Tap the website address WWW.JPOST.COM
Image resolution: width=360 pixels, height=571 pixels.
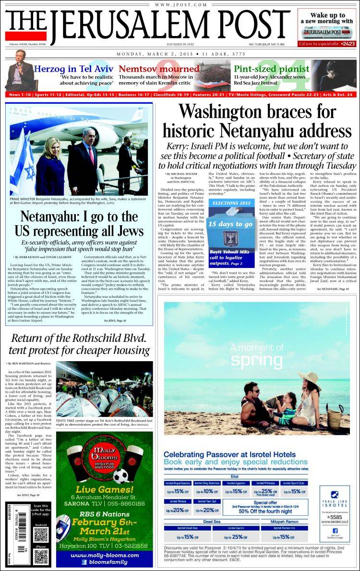click(x=180, y=4)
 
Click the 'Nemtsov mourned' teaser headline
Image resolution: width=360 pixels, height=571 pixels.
click(x=153, y=69)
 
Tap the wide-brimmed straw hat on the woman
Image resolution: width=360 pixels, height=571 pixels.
click(x=308, y=379)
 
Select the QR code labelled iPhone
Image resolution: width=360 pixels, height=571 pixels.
click(x=41, y=557)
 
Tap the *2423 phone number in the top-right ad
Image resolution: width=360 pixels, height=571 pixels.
click(x=341, y=43)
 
